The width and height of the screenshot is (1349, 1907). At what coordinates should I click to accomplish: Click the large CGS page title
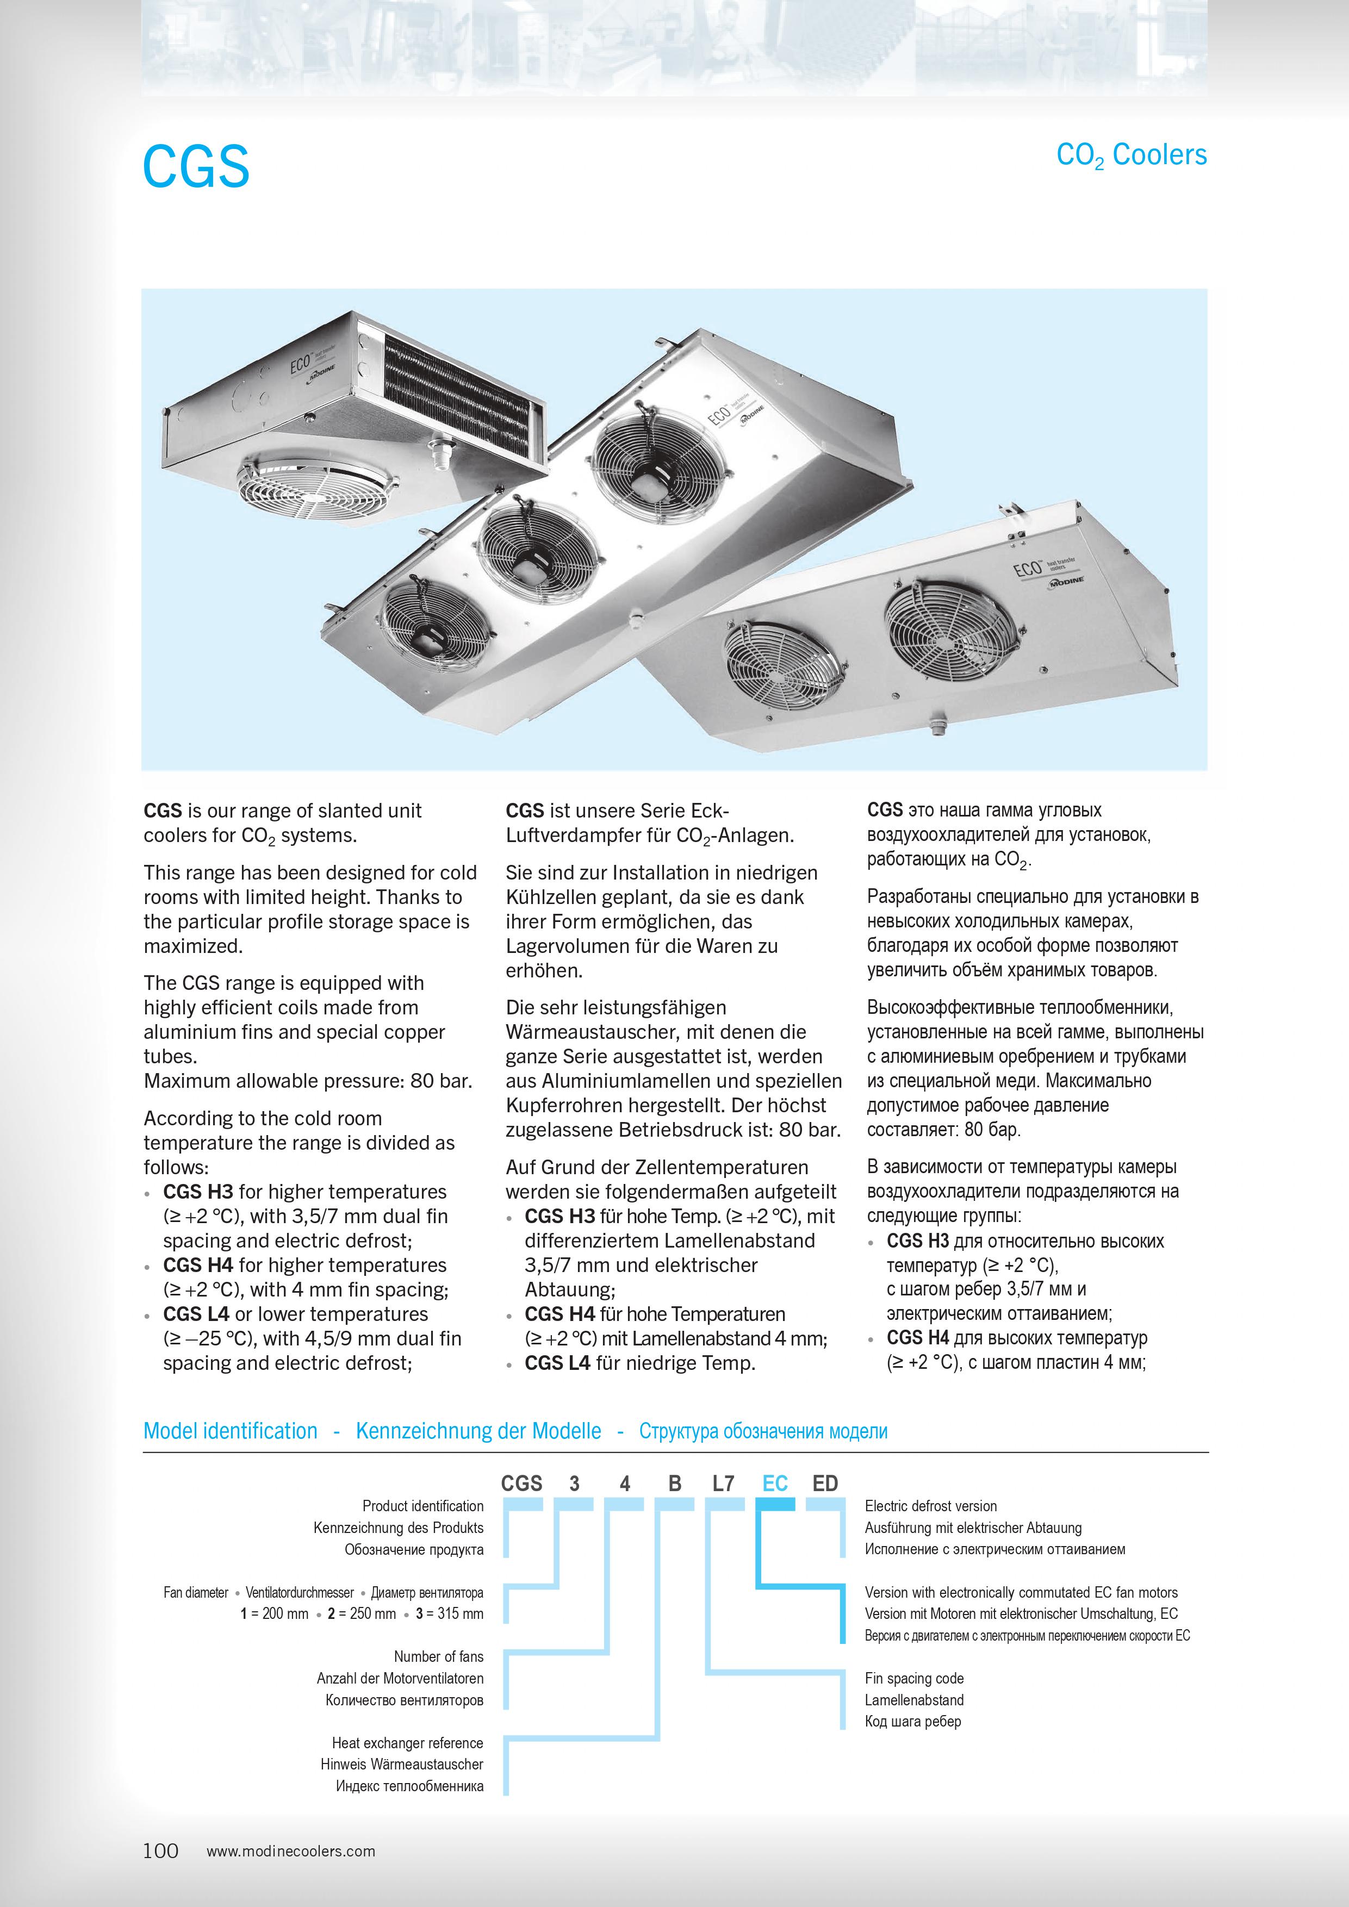[196, 166]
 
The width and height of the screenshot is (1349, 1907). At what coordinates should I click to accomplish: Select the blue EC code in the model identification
[774, 1484]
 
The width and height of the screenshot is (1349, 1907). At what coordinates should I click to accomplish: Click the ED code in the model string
[825, 1484]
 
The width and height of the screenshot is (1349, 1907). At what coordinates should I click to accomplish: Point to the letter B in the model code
[674, 1484]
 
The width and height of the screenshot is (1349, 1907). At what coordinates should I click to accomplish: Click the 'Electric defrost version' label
[930, 1506]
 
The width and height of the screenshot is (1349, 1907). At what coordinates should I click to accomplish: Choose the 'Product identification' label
[423, 1506]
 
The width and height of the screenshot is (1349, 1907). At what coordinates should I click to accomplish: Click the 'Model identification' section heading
[230, 1431]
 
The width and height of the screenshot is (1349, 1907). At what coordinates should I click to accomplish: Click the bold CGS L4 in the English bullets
[196, 1314]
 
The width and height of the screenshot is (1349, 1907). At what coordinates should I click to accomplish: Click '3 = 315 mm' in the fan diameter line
[449, 1614]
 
